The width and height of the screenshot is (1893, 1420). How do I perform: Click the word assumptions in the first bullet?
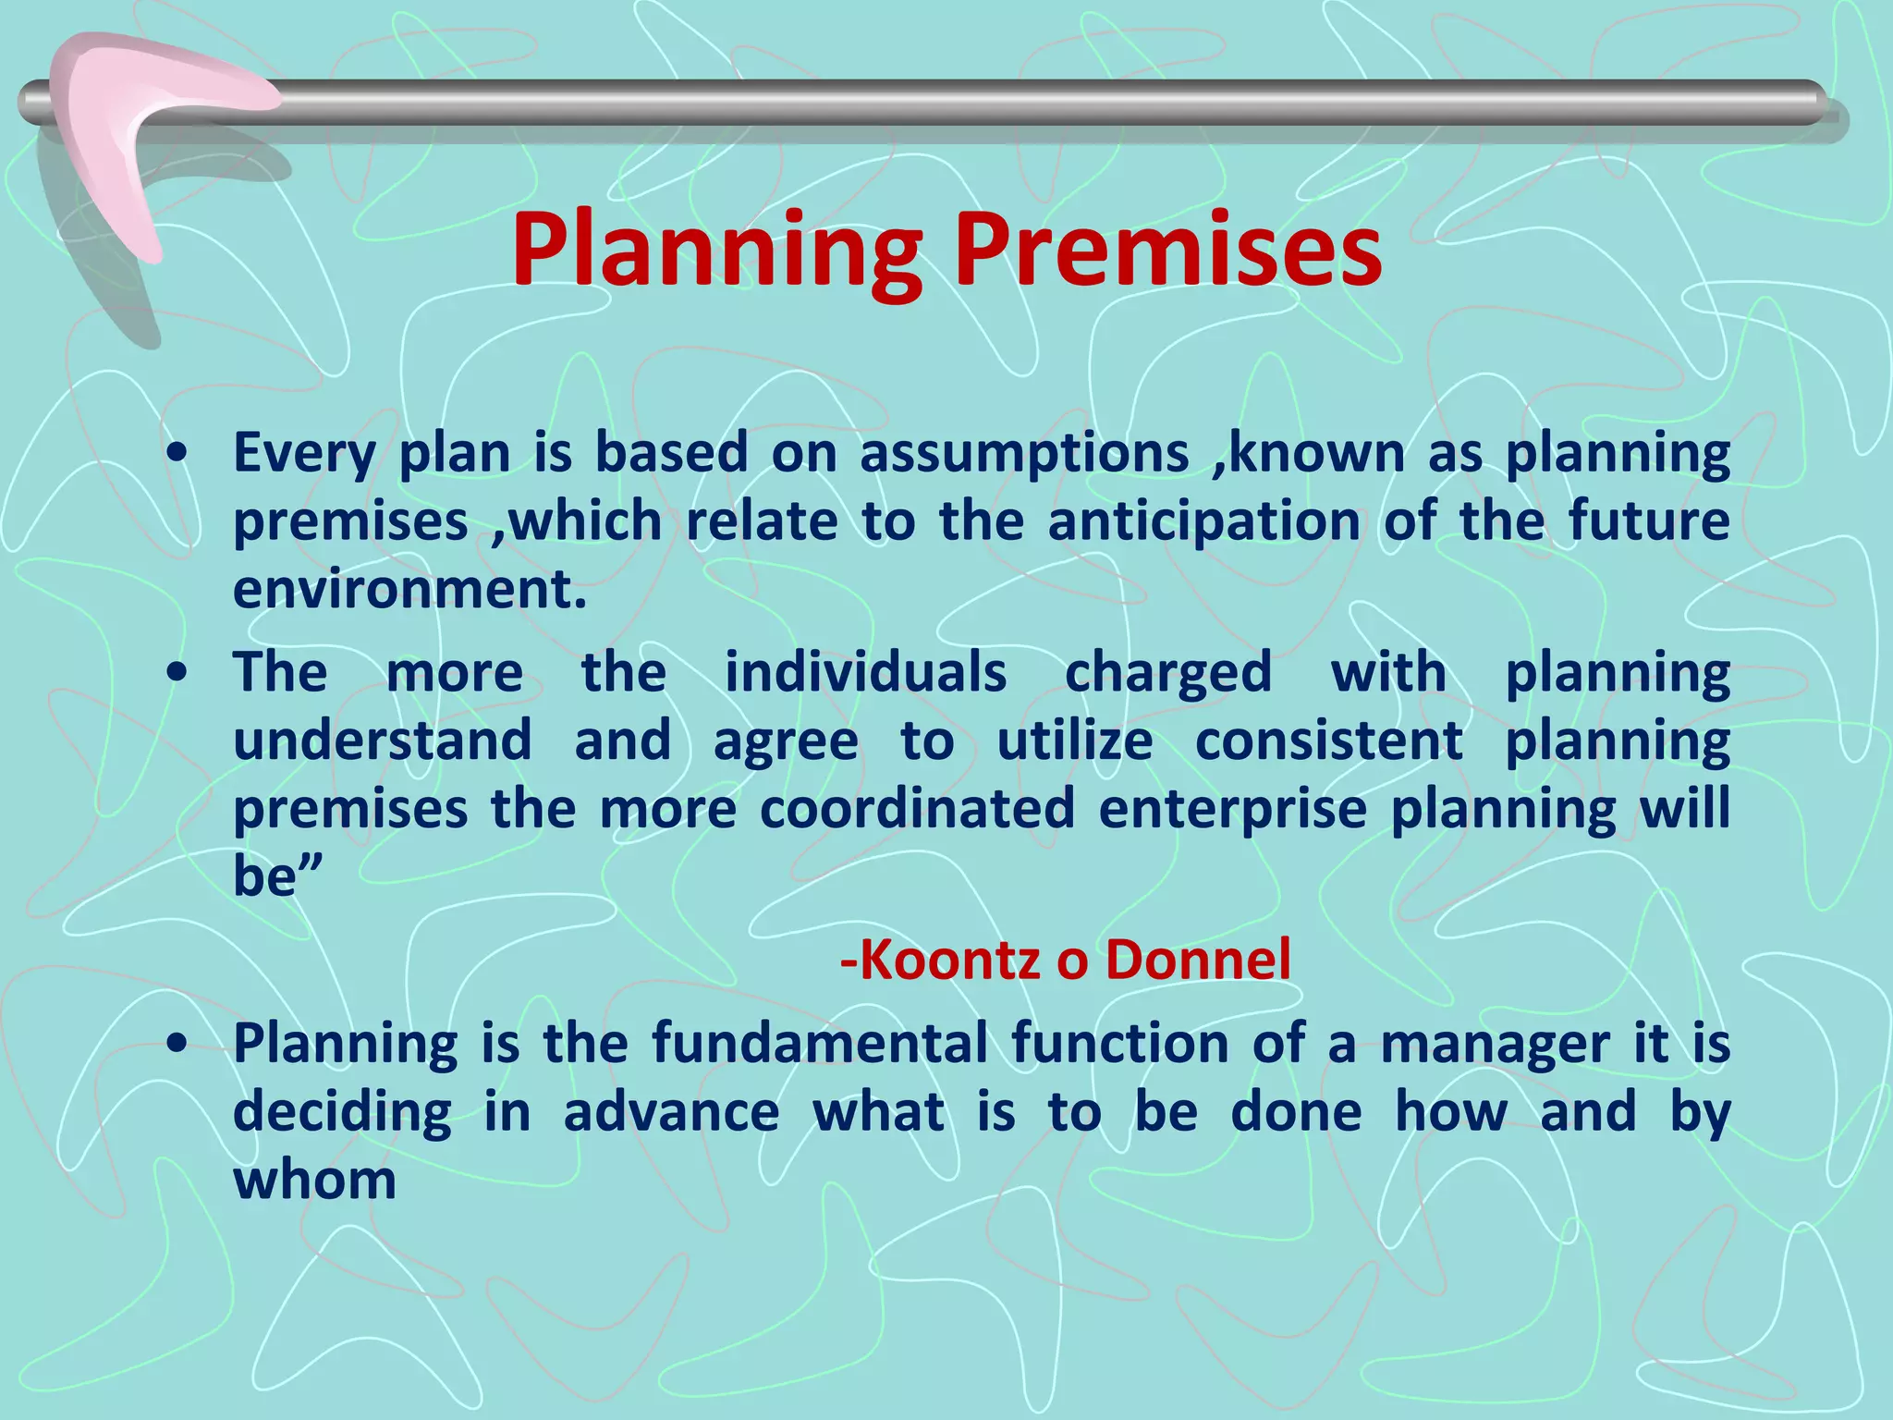pyautogui.click(x=1024, y=455)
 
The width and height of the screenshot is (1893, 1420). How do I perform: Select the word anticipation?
pyautogui.click(x=1203, y=522)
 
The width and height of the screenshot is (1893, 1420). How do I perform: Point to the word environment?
pyautogui.click(x=409, y=590)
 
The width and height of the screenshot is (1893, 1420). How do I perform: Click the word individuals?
pyautogui.click(x=865, y=672)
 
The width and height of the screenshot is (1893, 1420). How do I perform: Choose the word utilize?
pyautogui.click(x=1075, y=741)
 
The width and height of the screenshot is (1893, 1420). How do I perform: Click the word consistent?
pyautogui.click(x=1328, y=741)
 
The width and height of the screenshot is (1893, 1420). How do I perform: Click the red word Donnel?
pyautogui.click(x=1197, y=960)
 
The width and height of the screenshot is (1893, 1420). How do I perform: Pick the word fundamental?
pyautogui.click(x=821, y=1044)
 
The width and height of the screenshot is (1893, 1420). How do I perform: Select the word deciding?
pyautogui.click(x=342, y=1112)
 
